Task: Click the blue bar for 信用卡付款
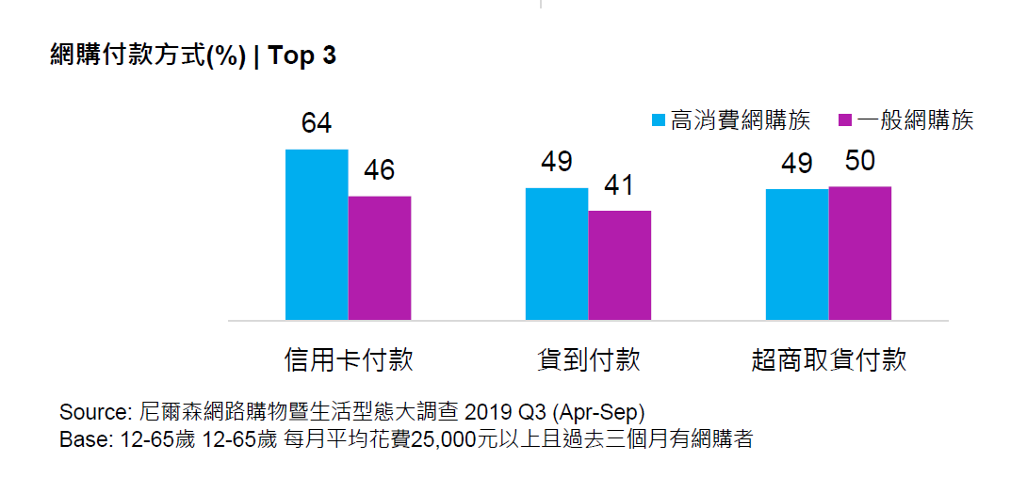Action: tap(317, 235)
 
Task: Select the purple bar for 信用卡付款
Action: tap(380, 259)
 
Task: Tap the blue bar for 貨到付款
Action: tap(557, 254)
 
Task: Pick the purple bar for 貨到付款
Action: tap(620, 265)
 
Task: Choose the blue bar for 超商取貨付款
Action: tap(797, 255)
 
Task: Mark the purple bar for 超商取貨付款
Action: tap(860, 254)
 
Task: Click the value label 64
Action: tap(317, 124)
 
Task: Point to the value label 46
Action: tap(379, 170)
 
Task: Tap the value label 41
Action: tap(619, 185)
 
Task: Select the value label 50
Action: tap(859, 161)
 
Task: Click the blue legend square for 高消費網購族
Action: tap(660, 120)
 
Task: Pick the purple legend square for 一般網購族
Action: tap(844, 120)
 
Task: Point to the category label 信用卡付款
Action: tap(349, 360)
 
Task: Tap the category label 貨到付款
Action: tap(589, 360)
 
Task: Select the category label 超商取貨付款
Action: tap(829, 360)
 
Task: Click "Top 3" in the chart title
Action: tap(302, 56)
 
